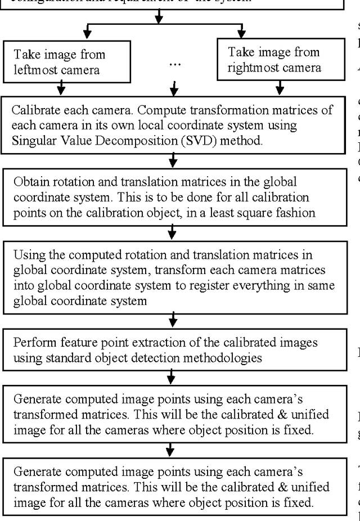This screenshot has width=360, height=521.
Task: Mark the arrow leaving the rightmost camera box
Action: pyautogui.click(x=280, y=87)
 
